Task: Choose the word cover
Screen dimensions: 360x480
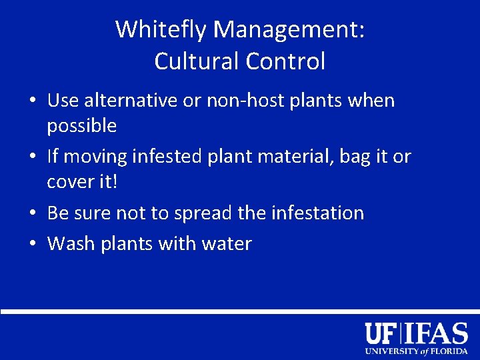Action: click(69, 182)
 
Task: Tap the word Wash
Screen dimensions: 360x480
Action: click(71, 244)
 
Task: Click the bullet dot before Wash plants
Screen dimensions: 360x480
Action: click(33, 245)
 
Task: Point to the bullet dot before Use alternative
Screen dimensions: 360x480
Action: click(33, 101)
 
